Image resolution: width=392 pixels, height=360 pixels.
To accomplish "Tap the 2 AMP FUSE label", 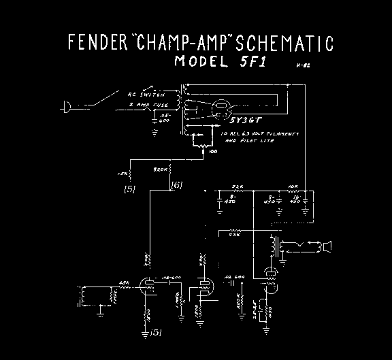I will click(x=144, y=105).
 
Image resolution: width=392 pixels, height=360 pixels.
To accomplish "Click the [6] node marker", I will click(x=178, y=184).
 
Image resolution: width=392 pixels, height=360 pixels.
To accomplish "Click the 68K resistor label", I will click(x=125, y=283).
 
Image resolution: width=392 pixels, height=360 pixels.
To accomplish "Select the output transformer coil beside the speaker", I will click(x=276, y=247).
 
